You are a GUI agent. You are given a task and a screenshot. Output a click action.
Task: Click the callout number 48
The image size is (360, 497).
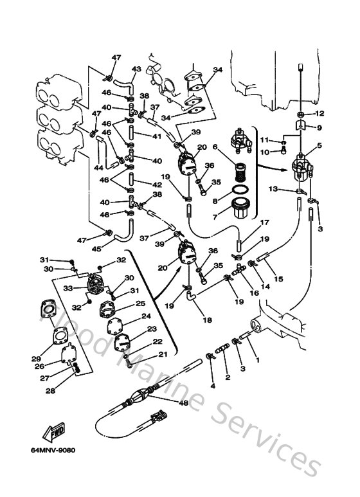pos(165,404)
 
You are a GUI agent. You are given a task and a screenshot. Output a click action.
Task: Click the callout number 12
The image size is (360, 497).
pos(321,114)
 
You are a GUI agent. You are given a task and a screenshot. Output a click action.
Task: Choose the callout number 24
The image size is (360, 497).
pos(147,316)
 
